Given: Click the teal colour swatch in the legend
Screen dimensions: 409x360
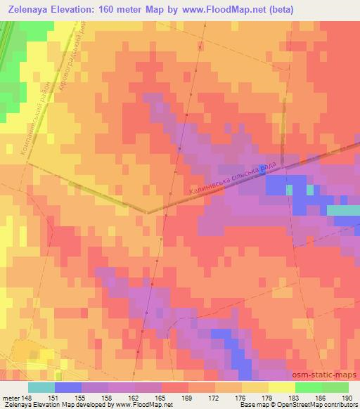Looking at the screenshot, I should (41, 387).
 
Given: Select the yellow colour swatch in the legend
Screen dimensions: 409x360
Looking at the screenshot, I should (282, 387).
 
